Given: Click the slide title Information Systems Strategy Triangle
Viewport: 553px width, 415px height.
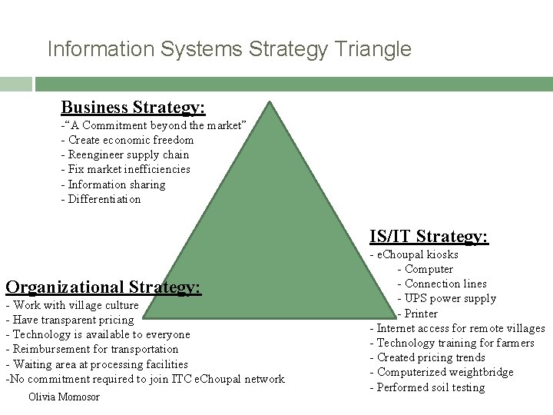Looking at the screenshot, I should [x=229, y=50].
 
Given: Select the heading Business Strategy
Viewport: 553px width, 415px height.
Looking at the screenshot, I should [x=133, y=106].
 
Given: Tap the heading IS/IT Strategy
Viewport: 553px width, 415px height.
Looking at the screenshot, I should [x=428, y=236].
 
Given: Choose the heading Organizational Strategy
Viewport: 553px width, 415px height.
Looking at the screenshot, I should [x=103, y=287].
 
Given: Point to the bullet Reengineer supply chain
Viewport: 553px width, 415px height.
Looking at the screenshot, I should [x=124, y=154].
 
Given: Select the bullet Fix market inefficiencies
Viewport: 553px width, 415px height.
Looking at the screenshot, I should [x=125, y=169].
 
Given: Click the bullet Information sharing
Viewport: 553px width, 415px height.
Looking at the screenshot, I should [x=113, y=184].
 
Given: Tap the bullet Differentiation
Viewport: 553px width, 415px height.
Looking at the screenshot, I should [x=101, y=199].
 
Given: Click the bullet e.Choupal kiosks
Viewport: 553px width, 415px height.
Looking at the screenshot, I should [x=414, y=254].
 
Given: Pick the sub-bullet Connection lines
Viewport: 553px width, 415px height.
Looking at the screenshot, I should [x=442, y=284].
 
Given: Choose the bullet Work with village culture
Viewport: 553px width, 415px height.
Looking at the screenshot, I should [x=72, y=305].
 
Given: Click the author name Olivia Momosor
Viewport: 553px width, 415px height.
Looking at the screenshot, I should [x=63, y=397].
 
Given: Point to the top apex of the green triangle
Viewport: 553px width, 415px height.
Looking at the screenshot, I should [x=270, y=100].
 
